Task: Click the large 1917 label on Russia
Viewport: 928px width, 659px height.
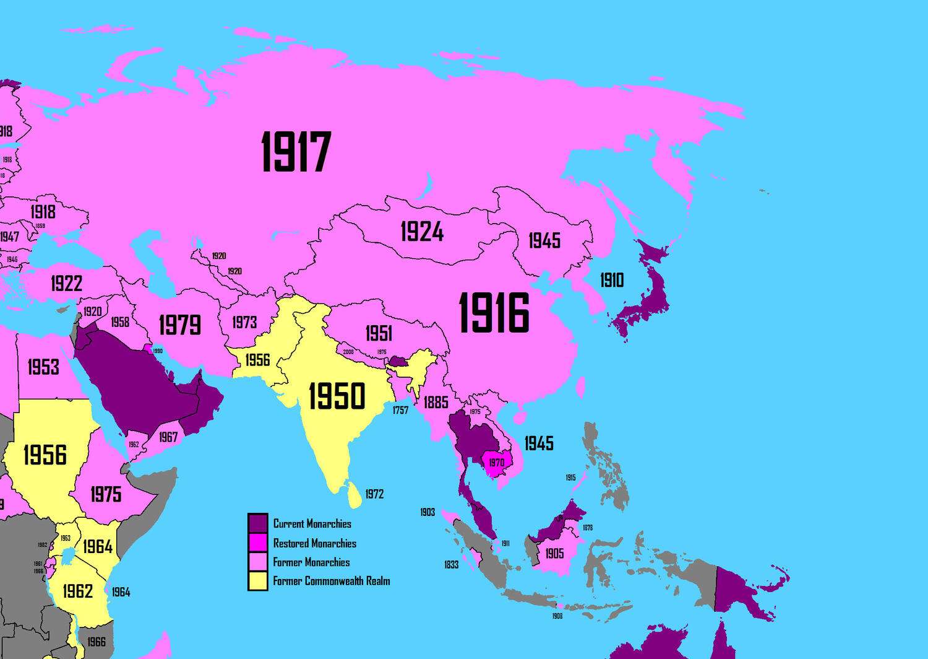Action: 296,152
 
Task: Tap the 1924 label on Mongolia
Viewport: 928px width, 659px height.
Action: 422,232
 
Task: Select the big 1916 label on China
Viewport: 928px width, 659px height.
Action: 494,313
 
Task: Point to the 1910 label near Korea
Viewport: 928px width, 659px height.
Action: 612,281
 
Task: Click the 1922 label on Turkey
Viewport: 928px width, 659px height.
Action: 66,284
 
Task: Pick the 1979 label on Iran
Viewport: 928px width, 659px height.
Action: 179,325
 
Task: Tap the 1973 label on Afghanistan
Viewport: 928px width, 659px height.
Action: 244,322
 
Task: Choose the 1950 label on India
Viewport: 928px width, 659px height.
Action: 337,396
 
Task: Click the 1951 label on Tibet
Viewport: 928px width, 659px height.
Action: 379,334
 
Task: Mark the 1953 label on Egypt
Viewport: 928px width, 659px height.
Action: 43,367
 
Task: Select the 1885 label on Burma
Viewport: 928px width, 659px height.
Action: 436,403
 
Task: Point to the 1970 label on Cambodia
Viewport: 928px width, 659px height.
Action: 496,463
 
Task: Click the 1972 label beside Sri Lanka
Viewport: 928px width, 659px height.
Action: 374,494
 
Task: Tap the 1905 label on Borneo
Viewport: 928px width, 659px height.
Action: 554,553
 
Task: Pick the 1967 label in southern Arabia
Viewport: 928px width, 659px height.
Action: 168,437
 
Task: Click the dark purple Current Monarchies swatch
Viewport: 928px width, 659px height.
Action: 258,523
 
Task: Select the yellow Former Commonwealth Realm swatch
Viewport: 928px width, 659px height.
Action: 258,581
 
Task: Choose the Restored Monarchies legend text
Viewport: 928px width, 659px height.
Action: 314,543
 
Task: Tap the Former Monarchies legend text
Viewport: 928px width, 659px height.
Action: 311,562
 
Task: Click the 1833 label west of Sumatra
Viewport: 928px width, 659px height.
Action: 451,565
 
